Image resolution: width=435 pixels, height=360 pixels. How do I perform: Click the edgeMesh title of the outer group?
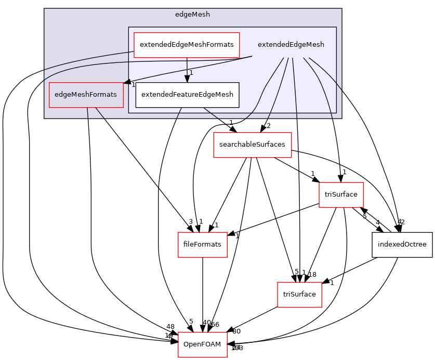(192, 15)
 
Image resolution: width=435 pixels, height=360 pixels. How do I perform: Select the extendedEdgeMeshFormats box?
(187, 45)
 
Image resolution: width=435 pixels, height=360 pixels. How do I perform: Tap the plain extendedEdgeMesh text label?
(291, 45)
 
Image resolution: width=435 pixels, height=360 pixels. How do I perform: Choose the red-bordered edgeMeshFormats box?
(86, 95)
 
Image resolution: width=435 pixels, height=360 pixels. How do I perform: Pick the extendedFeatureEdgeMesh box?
(187, 95)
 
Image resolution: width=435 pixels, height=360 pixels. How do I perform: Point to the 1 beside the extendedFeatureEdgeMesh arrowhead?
(191, 73)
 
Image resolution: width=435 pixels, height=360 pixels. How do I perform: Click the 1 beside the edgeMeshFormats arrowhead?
(133, 85)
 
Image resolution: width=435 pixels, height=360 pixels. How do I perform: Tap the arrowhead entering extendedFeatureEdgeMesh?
(187, 79)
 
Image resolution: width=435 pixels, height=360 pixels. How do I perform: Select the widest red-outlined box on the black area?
(253, 145)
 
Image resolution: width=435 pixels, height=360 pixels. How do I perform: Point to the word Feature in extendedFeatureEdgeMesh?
(183, 95)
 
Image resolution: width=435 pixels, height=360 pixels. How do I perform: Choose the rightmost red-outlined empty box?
(341, 195)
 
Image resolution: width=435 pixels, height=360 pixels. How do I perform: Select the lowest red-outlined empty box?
(202, 344)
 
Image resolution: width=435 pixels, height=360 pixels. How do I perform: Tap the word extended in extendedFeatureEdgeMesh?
(155, 95)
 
